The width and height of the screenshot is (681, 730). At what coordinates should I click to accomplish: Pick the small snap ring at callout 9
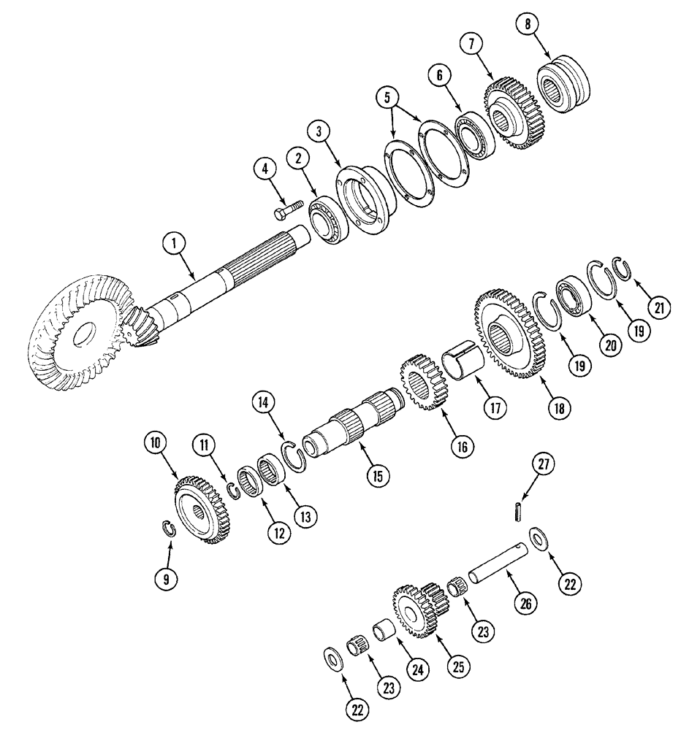(169, 529)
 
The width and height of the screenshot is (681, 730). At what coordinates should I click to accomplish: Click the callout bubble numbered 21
(659, 308)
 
